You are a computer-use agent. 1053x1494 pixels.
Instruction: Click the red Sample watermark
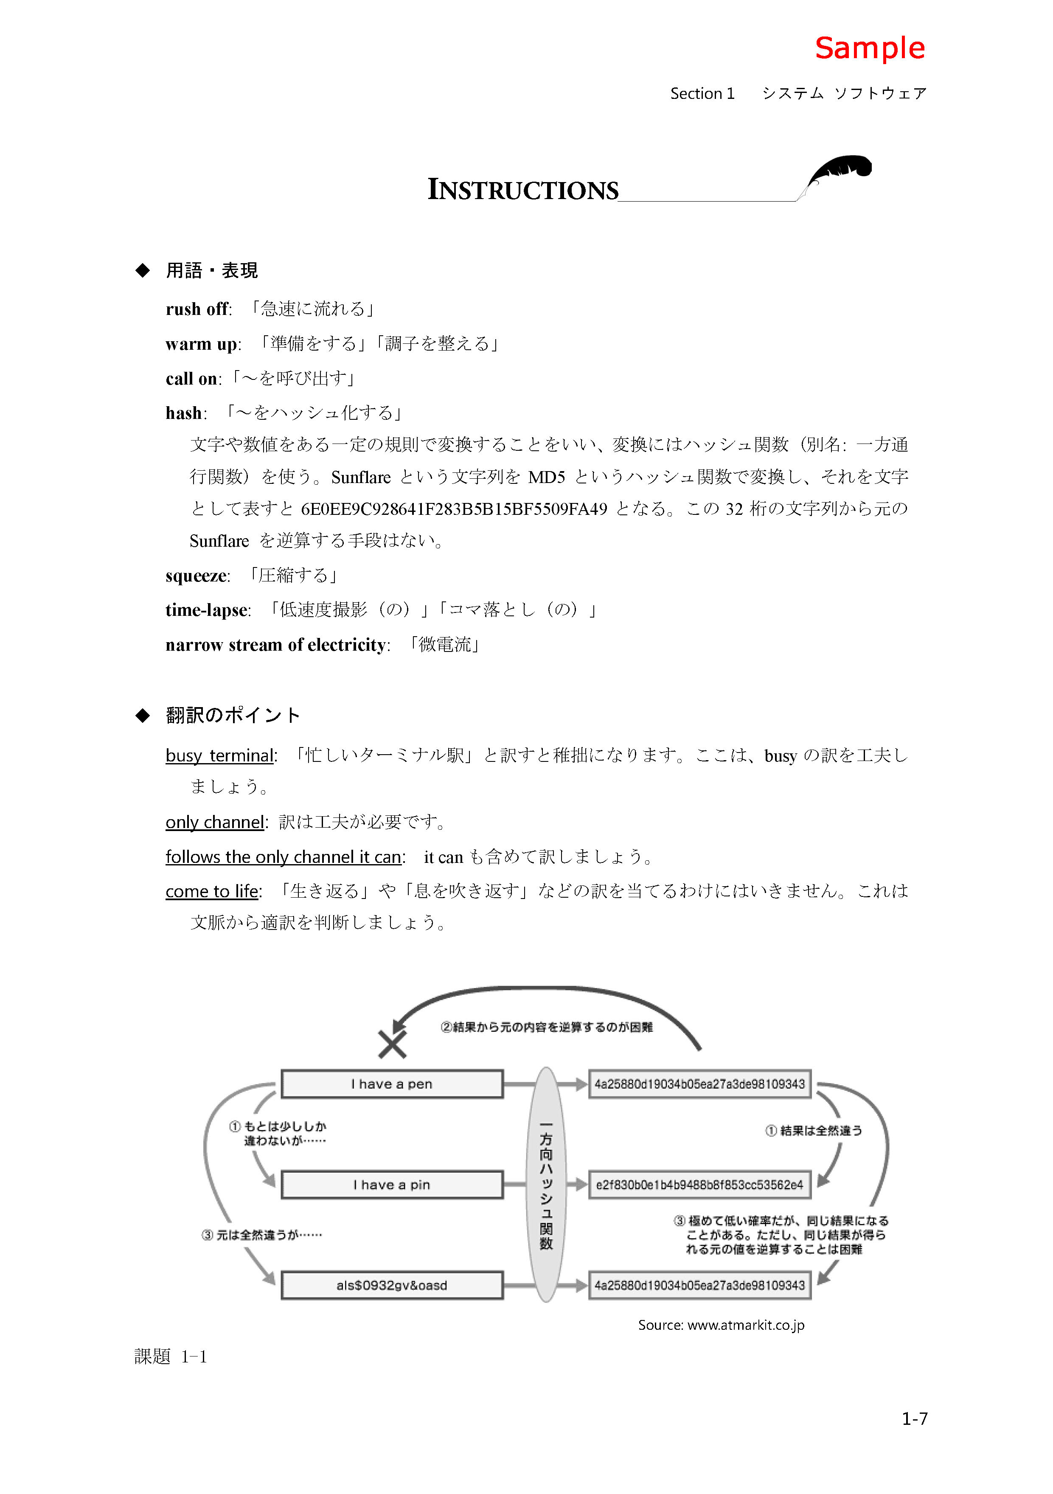870,48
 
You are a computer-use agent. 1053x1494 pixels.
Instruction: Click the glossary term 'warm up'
202,343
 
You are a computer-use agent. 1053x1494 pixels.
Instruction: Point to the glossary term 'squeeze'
197,575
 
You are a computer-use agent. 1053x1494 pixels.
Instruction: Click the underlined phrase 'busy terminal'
220,755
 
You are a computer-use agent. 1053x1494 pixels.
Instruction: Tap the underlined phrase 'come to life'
212,891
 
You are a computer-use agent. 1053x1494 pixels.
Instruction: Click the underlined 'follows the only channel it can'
283,857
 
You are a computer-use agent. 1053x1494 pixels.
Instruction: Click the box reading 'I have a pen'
392,1084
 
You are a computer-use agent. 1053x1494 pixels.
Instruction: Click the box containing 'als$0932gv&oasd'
392,1285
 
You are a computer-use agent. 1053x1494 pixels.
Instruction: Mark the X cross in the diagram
393,1045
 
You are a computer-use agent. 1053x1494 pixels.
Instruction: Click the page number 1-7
914,1418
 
